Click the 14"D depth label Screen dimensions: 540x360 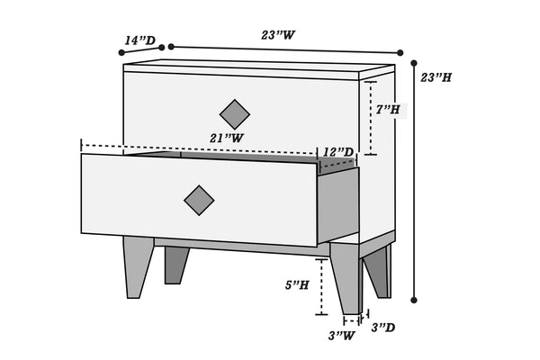click(139, 40)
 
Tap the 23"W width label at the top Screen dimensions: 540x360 click(278, 35)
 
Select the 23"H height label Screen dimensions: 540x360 click(436, 77)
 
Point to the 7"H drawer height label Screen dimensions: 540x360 click(388, 110)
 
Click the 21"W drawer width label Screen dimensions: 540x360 click(227, 138)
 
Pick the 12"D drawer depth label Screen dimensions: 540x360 click(338, 152)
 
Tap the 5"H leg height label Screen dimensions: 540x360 click(297, 285)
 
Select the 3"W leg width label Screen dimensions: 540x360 click(341, 335)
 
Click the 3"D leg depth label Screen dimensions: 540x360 click(383, 328)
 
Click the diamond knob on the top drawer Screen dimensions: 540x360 click(235, 114)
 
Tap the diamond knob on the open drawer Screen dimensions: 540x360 click(199, 201)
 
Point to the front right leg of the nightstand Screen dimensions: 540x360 click(346, 278)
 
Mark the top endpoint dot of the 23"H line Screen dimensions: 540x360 click(414, 63)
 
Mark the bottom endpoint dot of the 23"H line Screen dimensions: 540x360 click(414, 300)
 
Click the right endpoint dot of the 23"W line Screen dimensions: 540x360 click(400, 53)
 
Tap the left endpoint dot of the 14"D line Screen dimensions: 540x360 click(121, 52)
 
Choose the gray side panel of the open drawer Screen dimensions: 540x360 click(338, 205)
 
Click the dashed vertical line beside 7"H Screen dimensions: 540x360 click(371, 118)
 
